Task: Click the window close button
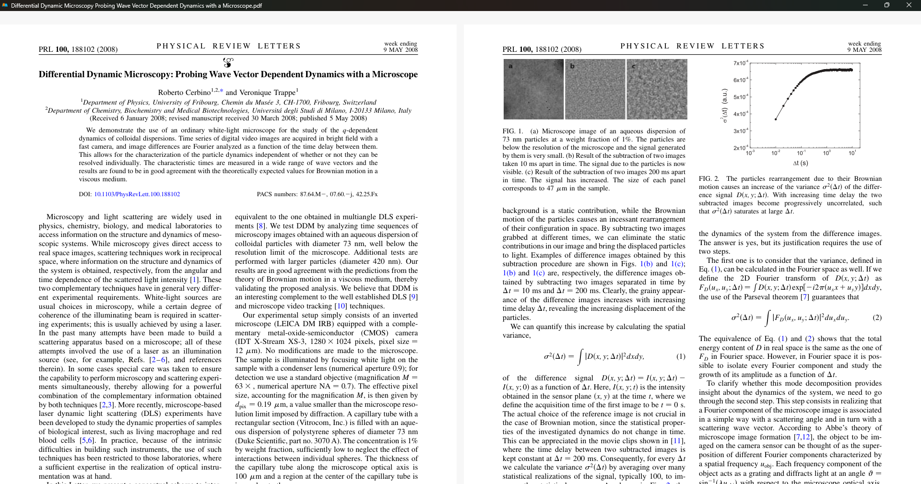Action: (909, 5)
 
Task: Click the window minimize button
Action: (865, 5)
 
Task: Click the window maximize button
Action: (886, 5)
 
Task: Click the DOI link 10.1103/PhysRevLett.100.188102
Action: (137, 194)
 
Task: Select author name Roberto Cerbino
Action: (184, 93)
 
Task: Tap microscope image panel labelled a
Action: (533, 89)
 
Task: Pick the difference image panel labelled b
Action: (595, 89)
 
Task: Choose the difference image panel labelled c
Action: (657, 89)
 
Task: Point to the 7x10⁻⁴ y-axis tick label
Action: (740, 63)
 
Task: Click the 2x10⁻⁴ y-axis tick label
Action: (740, 148)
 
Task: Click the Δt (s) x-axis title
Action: (800, 163)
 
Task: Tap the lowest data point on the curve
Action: (776, 119)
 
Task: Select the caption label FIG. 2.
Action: (708, 179)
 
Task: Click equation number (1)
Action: (680, 356)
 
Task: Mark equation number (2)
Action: (877, 318)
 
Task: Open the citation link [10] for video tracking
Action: (340, 306)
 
